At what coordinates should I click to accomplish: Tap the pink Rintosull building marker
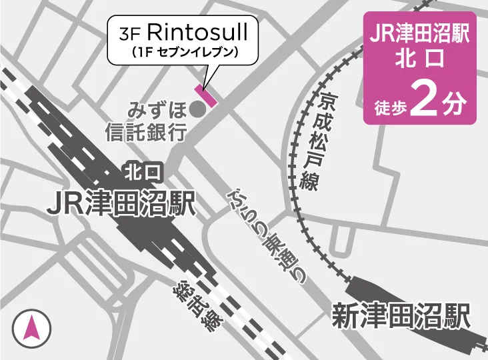pos(205,96)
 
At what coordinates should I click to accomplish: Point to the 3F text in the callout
pos(131,33)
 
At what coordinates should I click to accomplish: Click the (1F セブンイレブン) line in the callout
pos(183,51)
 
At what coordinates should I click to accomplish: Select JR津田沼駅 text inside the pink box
pos(420,33)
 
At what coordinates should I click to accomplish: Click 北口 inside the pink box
pos(420,61)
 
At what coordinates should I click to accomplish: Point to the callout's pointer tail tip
pos(203,86)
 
